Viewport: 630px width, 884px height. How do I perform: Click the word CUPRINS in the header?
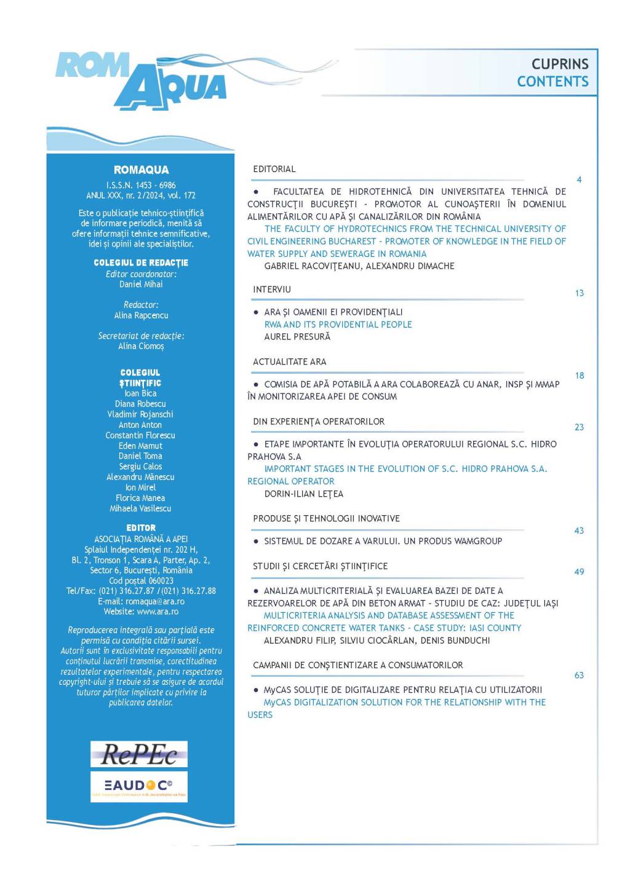click(560, 64)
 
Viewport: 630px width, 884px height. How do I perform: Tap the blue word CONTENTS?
click(552, 81)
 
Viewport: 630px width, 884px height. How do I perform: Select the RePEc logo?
click(139, 754)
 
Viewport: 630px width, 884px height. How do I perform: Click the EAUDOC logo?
click(139, 786)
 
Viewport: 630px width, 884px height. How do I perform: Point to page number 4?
click(579, 180)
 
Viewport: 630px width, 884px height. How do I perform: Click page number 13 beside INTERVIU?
click(579, 293)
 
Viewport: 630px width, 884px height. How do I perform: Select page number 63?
click(579, 675)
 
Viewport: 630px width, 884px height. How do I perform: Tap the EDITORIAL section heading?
click(274, 169)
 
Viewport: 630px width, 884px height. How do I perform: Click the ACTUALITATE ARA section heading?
click(290, 361)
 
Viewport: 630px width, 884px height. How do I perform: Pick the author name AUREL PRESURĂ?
click(297, 337)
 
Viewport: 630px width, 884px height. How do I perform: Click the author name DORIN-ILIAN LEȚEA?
click(304, 494)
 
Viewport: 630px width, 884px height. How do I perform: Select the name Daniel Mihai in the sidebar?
click(141, 284)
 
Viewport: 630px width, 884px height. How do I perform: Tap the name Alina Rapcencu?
click(141, 315)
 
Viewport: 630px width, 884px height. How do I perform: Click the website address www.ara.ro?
click(157, 612)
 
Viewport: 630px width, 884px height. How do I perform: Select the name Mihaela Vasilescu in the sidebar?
click(140, 508)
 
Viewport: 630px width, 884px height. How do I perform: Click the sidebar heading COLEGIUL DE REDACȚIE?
click(141, 262)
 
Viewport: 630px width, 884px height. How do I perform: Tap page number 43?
click(579, 531)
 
